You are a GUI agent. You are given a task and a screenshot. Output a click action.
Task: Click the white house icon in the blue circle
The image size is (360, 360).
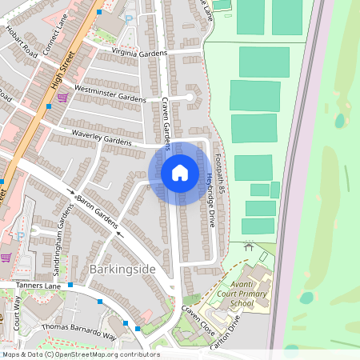(180, 172)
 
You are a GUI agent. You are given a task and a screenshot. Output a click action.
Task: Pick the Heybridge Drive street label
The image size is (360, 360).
(211, 201)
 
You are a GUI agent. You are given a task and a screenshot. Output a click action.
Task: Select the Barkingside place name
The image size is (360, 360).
(122, 270)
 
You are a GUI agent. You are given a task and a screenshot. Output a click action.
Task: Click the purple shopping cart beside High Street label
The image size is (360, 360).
(62, 98)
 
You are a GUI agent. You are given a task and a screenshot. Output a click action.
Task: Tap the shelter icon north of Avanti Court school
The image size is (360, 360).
(249, 246)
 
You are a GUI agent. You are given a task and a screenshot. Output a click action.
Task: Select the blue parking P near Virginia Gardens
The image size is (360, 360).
(129, 17)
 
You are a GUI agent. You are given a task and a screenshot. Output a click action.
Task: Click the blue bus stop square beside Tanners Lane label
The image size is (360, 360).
(70, 285)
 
